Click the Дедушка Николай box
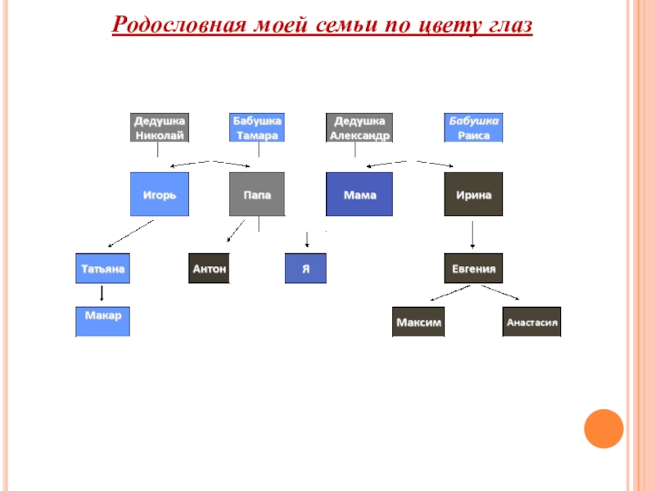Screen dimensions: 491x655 coord(160,128)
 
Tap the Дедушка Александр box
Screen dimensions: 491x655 coord(359,128)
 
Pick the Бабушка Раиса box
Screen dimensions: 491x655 coord(473,128)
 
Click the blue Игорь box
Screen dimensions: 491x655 coord(160,195)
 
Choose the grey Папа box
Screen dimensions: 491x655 coord(257,195)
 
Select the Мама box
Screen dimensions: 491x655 coord(359,195)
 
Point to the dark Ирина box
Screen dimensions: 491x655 coord(473,195)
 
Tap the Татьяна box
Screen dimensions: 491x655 coord(103,268)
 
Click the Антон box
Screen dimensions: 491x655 coord(209,268)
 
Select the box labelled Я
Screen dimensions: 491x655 coord(305,268)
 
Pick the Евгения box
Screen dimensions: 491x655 coord(473,268)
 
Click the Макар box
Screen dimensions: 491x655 coord(103,321)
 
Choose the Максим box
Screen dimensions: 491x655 coord(418,322)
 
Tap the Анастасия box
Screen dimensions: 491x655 coord(531,322)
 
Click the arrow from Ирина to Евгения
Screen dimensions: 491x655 coord(473,235)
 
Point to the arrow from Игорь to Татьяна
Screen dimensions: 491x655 coord(132,233)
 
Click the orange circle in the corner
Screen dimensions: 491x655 coord(604,428)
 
